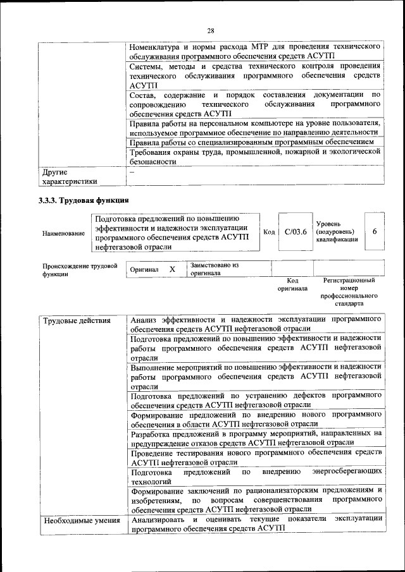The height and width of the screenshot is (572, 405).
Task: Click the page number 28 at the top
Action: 211,30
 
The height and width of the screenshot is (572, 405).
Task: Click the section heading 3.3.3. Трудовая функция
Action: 77,201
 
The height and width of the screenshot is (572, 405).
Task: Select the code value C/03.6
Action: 295,232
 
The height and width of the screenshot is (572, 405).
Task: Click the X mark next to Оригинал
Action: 172,269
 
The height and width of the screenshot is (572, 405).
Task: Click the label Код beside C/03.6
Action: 268,232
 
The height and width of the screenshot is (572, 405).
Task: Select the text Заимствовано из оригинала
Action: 215,270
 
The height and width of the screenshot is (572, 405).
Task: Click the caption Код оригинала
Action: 292,284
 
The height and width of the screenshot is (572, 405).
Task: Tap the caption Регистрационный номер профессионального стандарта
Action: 349,291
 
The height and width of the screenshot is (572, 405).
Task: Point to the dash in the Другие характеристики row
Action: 132,171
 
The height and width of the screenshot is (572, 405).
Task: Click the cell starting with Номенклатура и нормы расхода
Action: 254,51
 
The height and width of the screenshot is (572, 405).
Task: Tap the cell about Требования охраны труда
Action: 254,157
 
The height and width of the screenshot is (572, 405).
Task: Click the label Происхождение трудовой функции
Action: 80,270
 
